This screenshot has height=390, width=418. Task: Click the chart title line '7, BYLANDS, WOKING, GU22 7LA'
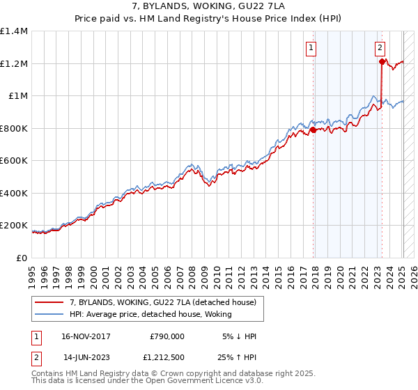coord(208,6)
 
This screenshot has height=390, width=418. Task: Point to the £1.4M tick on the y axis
coord(14,31)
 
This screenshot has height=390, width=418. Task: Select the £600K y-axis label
coord(14,161)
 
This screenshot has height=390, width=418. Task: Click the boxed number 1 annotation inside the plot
coord(310,48)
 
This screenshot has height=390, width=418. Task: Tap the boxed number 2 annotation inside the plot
coord(380,48)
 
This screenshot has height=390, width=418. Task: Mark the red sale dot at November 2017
coord(313,130)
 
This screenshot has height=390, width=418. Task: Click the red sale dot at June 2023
coord(382,61)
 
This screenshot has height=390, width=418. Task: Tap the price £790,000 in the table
coord(167,336)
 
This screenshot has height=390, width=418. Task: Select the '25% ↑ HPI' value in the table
coord(237,357)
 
